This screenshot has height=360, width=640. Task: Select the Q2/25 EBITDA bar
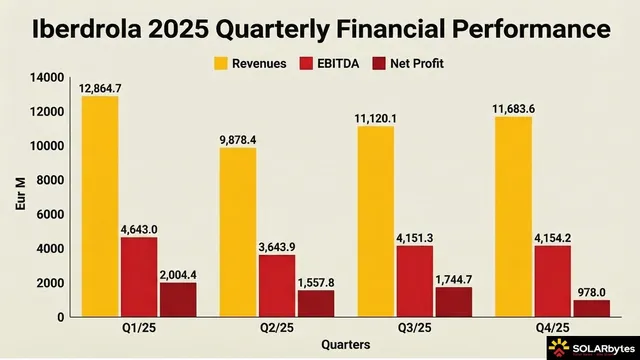pyautogui.click(x=276, y=285)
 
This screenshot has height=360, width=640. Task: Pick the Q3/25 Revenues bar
pyautogui.click(x=373, y=221)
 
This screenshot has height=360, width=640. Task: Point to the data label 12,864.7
pyautogui.click(x=101, y=89)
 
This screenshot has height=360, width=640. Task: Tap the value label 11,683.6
pyautogui.click(x=511, y=109)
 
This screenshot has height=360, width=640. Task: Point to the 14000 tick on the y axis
pyautogui.click(x=47, y=77)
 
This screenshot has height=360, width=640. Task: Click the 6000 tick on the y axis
pyautogui.click(x=51, y=214)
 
